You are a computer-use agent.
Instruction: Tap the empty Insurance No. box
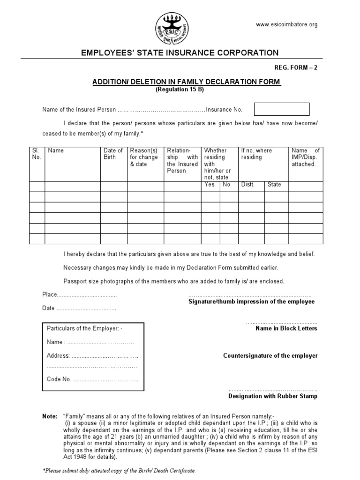281,109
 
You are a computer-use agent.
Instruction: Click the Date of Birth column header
113,154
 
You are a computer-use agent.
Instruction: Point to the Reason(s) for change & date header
144,157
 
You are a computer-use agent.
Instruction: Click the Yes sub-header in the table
210,185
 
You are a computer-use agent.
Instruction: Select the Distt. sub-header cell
247,185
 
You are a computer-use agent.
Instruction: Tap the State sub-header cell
274,185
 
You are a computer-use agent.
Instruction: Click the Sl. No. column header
37,154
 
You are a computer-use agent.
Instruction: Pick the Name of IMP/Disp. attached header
305,157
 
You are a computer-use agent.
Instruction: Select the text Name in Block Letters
286,329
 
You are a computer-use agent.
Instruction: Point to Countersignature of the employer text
270,356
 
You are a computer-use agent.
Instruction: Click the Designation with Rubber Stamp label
272,396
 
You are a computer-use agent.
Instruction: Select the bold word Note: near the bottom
49,416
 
